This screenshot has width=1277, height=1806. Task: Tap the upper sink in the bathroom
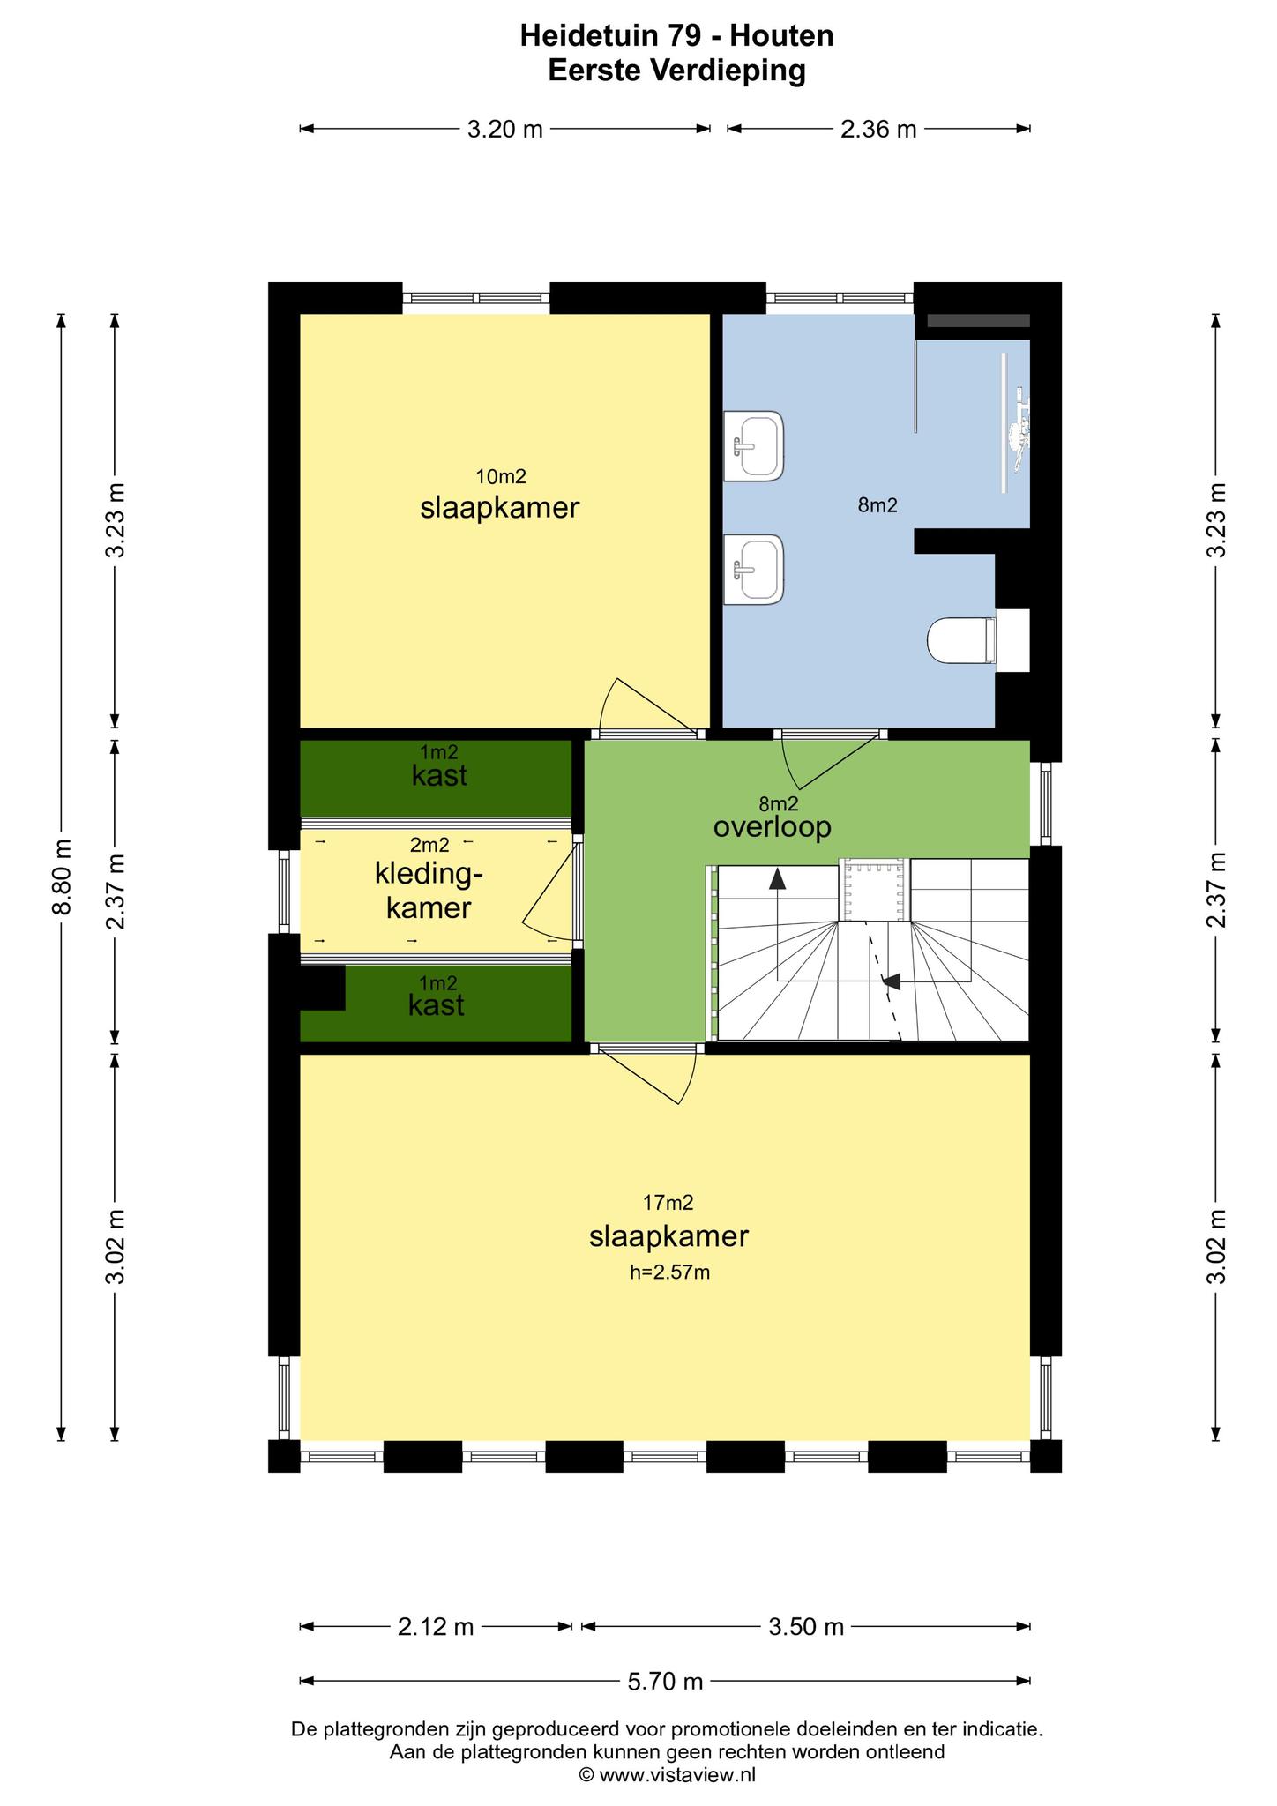[753, 445]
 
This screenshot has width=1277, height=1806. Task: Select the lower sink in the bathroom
[753, 569]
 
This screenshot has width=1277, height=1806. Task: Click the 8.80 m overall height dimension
[62, 877]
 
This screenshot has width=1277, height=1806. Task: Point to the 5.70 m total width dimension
[665, 1682]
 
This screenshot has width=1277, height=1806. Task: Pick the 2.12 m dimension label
[436, 1627]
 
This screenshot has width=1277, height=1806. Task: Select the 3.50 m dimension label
[806, 1627]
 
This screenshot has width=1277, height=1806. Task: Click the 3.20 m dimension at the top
[504, 129]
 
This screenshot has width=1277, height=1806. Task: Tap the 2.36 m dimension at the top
[878, 129]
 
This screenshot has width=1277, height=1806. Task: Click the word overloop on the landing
[773, 827]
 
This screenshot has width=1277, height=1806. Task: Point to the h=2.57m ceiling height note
[669, 1272]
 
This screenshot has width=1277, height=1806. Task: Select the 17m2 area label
[668, 1202]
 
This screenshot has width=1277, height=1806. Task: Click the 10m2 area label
[501, 477]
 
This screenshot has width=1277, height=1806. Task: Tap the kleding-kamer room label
[429, 891]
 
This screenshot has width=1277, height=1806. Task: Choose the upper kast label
[439, 776]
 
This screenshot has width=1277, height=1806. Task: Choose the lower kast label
[437, 1005]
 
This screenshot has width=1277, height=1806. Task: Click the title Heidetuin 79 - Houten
[677, 36]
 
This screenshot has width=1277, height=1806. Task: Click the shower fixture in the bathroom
[1014, 423]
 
